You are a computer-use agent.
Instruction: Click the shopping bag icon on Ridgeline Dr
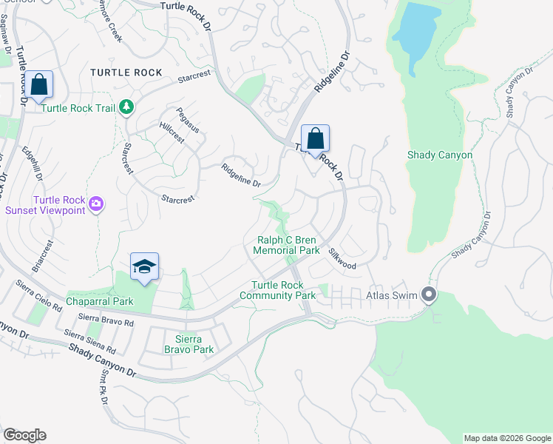point(315,138)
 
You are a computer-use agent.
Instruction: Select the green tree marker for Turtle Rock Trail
point(127,108)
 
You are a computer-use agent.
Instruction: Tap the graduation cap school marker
point(145,267)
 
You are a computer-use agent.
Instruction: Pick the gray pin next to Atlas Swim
point(429,295)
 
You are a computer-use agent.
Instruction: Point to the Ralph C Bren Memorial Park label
point(288,245)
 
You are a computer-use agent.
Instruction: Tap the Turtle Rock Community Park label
point(277,290)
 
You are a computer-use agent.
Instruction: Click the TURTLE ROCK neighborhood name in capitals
point(126,73)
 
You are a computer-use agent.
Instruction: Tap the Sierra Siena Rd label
point(90,342)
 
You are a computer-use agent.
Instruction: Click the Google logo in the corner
point(24,435)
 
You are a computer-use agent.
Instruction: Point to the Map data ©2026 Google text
point(506,438)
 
